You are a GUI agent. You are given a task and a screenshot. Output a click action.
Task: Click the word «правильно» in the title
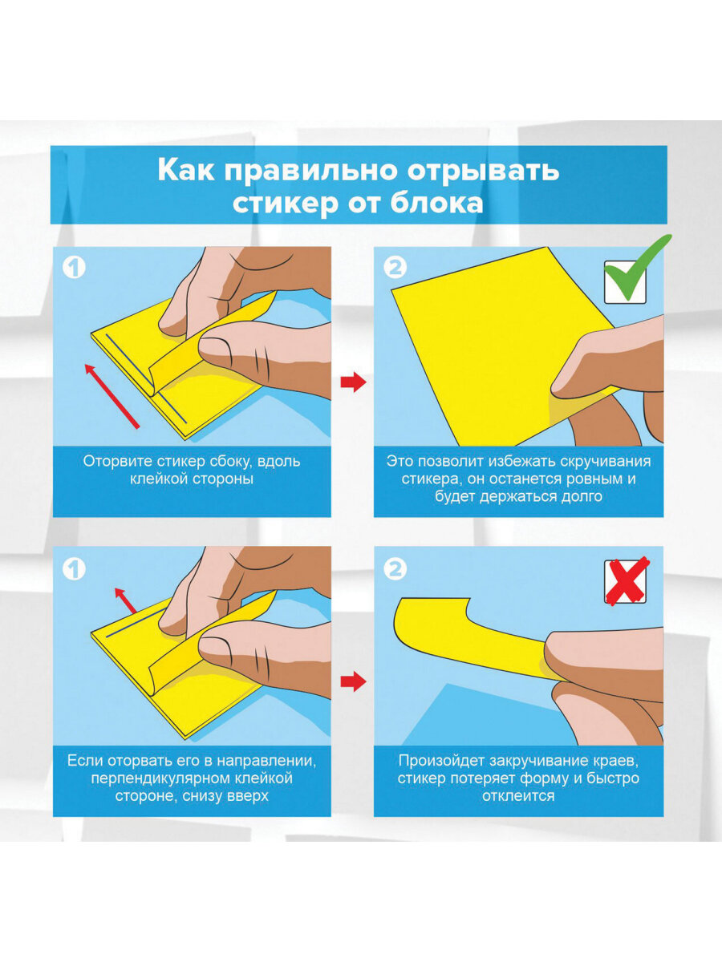(310, 172)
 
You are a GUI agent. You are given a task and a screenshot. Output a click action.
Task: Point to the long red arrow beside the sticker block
(112, 396)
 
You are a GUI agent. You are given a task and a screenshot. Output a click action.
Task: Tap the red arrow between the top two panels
(353, 382)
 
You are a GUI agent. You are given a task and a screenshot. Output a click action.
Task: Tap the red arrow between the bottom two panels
(353, 682)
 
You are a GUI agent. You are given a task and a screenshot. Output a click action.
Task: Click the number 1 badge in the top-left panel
(74, 267)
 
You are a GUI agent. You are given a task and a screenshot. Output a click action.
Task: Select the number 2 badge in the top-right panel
(395, 267)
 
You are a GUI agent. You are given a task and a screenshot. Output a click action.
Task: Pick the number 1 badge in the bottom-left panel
(74, 569)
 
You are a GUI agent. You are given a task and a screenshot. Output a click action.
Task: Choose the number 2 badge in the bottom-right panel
(395, 569)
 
